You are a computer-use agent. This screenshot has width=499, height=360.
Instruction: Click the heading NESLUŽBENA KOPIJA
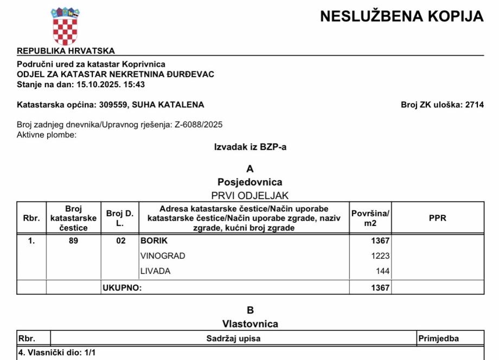coord(401,17)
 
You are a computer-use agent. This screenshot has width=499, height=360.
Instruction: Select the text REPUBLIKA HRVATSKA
coord(66,51)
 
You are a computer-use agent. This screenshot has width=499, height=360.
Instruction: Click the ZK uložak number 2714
coord(475,105)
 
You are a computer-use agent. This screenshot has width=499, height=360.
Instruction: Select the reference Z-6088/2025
coord(199,125)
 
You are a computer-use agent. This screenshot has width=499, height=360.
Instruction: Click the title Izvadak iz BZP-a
coord(250,146)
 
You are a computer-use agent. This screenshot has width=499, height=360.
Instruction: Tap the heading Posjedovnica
coord(250,182)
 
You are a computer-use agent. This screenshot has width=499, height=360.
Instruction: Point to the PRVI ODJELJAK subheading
coord(250,195)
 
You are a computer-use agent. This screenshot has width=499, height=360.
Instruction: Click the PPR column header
coord(437,218)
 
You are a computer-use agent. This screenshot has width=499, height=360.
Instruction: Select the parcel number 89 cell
coord(73,241)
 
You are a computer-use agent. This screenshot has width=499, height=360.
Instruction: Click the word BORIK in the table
coord(154,241)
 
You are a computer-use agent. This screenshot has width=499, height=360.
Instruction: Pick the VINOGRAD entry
coord(163,256)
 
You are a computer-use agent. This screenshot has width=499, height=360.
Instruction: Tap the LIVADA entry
coord(155,271)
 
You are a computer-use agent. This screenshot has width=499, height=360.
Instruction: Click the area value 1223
coord(380,256)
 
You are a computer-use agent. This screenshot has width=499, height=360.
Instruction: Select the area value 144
coord(383,271)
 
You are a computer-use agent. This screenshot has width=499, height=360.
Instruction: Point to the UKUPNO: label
coord(122,288)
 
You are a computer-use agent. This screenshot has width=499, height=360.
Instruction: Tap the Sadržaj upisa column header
coord(233,339)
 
